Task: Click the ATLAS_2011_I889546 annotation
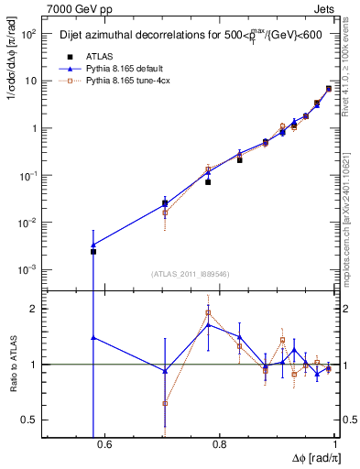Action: [190, 273]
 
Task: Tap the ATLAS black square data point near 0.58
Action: [93, 251]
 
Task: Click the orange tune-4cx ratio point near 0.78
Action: [209, 312]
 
